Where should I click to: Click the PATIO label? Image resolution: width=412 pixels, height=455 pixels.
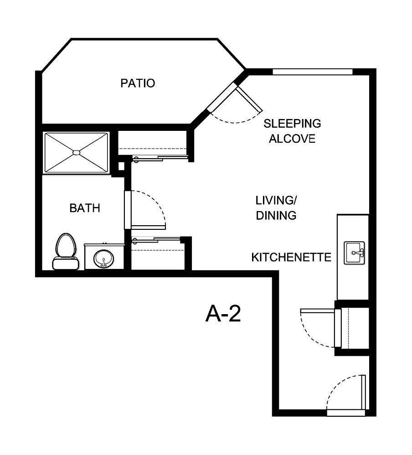click(x=138, y=83)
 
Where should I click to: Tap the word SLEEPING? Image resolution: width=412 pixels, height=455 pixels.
click(x=293, y=123)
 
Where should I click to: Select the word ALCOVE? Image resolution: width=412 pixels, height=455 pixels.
click(x=292, y=139)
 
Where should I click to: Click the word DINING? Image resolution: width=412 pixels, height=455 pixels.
click(x=276, y=216)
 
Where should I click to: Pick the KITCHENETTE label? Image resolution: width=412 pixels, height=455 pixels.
click(x=291, y=258)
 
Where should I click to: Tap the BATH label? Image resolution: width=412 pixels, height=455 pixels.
click(x=85, y=208)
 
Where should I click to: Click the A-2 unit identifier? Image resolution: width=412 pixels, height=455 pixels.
click(x=223, y=315)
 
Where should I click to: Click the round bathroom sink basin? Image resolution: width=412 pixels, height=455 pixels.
click(x=104, y=259)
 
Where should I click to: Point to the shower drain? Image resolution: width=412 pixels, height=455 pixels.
click(x=76, y=152)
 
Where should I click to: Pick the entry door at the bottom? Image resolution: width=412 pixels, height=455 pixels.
click(x=363, y=393)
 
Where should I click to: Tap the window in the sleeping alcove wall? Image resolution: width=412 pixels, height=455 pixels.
click(x=313, y=72)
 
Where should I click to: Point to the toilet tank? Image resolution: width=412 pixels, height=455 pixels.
click(x=66, y=262)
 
